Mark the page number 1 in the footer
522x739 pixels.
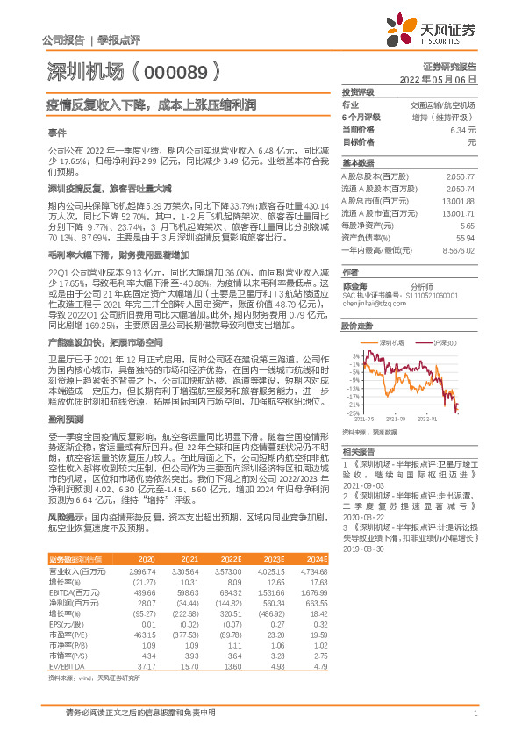475,713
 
